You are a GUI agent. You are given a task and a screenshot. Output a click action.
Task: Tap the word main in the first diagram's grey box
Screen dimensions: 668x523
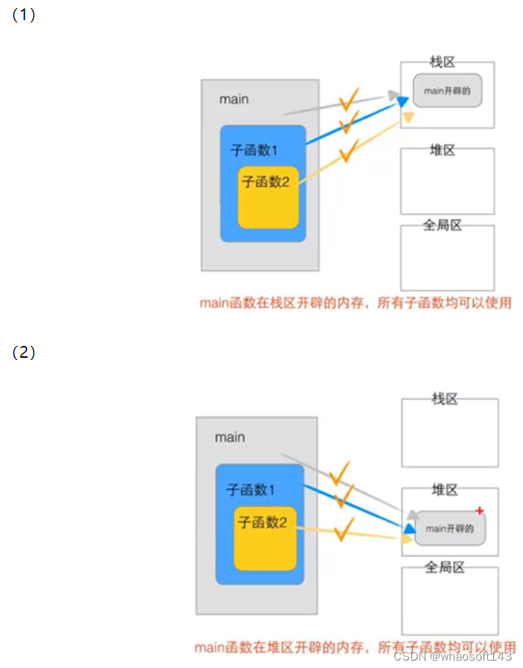[x=234, y=99]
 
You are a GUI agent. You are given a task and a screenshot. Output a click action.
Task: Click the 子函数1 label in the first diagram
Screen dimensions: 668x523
[x=254, y=150]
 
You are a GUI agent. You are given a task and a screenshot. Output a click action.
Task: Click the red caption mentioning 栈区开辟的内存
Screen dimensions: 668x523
[x=356, y=303]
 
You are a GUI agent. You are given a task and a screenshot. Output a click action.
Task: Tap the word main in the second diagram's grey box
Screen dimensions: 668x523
[x=230, y=437]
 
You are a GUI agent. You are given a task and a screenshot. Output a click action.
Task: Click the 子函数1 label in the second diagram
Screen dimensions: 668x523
[x=251, y=489]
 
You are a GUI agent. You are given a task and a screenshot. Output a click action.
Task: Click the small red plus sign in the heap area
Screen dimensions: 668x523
[x=480, y=510]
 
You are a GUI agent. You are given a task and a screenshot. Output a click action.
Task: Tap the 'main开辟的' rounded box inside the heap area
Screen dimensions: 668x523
[x=449, y=528]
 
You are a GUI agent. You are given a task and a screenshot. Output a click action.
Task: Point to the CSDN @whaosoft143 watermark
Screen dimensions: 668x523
[x=452, y=656]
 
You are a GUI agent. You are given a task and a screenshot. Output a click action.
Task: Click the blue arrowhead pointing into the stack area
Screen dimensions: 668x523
[x=402, y=101]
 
